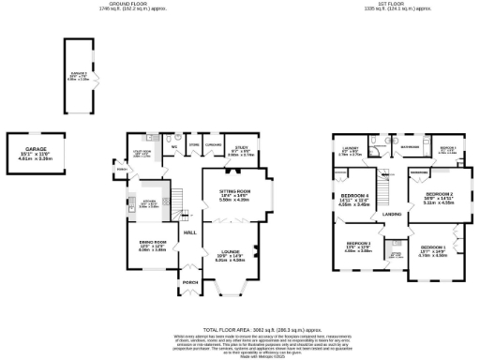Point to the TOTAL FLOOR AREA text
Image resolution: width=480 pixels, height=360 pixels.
point(240,330)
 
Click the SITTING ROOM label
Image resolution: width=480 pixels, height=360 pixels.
point(236,193)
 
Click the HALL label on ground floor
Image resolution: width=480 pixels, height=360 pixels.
point(188,232)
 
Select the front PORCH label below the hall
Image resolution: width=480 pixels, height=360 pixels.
point(190,282)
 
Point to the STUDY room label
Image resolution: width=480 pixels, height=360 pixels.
point(242,148)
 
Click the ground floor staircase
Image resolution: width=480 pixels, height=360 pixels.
point(174,197)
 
